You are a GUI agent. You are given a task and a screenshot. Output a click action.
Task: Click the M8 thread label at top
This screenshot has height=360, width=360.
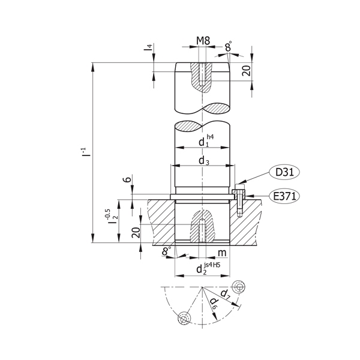pos(203,42)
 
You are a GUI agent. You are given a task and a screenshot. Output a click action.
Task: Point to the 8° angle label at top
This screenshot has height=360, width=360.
pos(228,46)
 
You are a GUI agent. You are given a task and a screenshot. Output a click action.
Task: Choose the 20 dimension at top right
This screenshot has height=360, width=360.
pos(245,71)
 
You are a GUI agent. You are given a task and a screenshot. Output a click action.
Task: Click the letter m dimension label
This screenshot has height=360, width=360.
pos(221,252)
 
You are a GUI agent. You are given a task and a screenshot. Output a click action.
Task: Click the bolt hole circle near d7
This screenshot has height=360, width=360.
pos(241,286)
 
